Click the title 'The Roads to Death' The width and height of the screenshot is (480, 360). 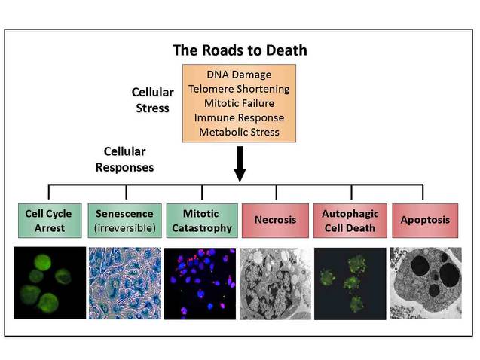tap(240, 50)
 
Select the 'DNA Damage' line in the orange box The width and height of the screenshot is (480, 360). tap(240, 74)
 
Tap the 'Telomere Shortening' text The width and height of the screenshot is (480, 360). tap(240, 88)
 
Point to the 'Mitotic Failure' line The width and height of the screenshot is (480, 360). tap(240, 103)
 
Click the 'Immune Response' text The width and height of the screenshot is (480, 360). tap(240, 117)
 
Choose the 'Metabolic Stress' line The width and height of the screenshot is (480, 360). tap(240, 132)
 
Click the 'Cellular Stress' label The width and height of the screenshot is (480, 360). tap(152, 99)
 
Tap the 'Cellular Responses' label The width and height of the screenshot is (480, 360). tap(125, 160)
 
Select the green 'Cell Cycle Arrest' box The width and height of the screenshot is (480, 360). tap(50, 221)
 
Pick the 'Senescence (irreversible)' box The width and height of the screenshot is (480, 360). tap(125, 221)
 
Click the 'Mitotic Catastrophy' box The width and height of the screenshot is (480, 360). tap(200, 221)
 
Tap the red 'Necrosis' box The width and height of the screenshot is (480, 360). tap(275, 221)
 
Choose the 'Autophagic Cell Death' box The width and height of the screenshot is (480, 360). tap(350, 221)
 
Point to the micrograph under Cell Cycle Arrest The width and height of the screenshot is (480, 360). tap(50, 282)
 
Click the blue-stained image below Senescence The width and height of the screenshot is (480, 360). tap(125, 282)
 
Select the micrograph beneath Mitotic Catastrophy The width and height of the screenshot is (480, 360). tap(200, 282)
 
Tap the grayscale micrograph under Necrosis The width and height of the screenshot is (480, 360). tap(275, 282)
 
